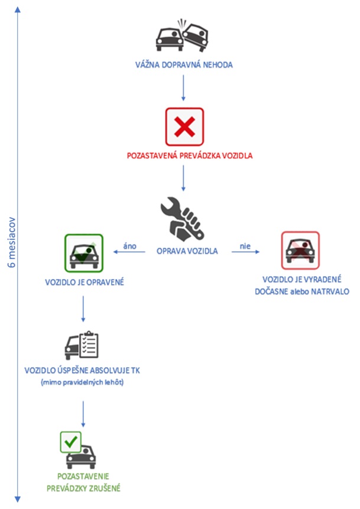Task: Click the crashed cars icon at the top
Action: (183, 37)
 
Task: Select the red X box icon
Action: (184, 126)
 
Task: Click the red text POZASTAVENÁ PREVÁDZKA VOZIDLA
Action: (184, 157)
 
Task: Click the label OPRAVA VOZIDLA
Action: (188, 251)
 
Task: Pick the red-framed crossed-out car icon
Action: (300, 250)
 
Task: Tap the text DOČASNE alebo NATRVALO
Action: (301, 291)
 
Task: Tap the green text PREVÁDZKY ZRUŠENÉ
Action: (83, 488)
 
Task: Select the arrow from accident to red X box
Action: (183, 89)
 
